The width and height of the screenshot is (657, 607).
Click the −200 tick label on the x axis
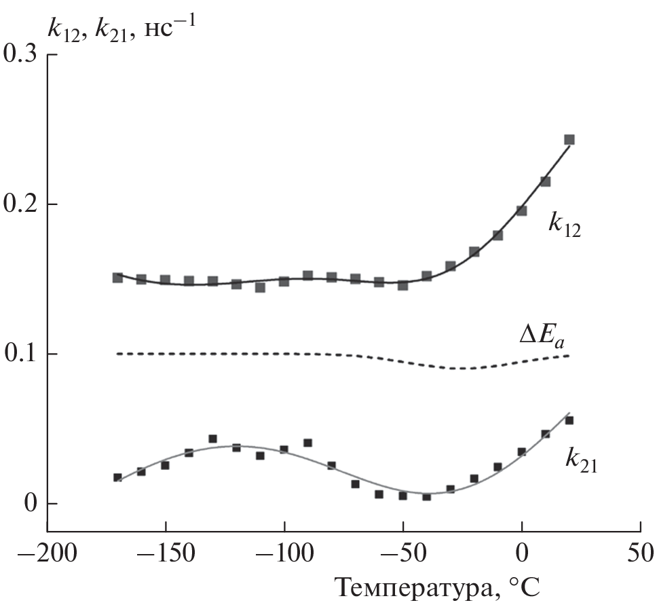click(x=46, y=552)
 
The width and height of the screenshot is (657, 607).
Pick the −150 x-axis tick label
click(x=165, y=552)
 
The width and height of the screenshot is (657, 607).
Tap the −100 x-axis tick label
click(x=284, y=552)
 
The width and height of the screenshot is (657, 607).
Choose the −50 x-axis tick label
click(x=402, y=552)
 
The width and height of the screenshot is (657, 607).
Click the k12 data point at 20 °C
click(x=569, y=140)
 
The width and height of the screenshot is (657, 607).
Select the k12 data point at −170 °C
click(x=117, y=278)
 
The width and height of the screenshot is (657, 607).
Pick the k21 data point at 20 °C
click(x=569, y=420)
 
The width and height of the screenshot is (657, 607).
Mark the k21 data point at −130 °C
click(x=212, y=439)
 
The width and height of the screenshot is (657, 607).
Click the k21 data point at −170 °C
click(x=117, y=477)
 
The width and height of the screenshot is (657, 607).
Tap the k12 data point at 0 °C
click(x=522, y=210)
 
